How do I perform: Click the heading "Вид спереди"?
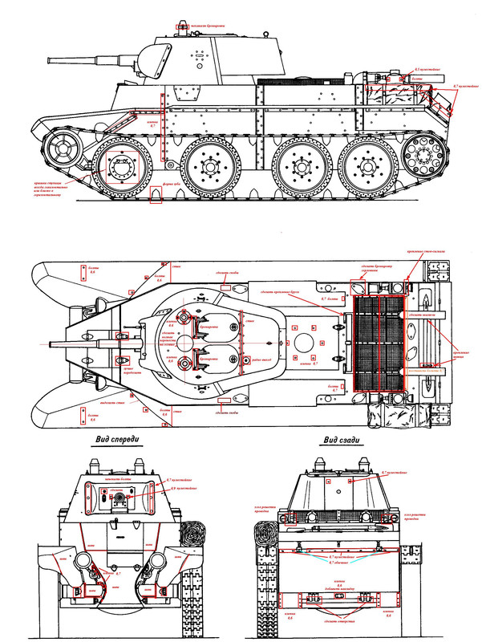coord(117,439)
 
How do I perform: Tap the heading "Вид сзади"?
coord(342,439)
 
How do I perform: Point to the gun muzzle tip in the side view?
coord(51,59)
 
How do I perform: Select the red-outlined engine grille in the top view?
coord(379,343)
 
